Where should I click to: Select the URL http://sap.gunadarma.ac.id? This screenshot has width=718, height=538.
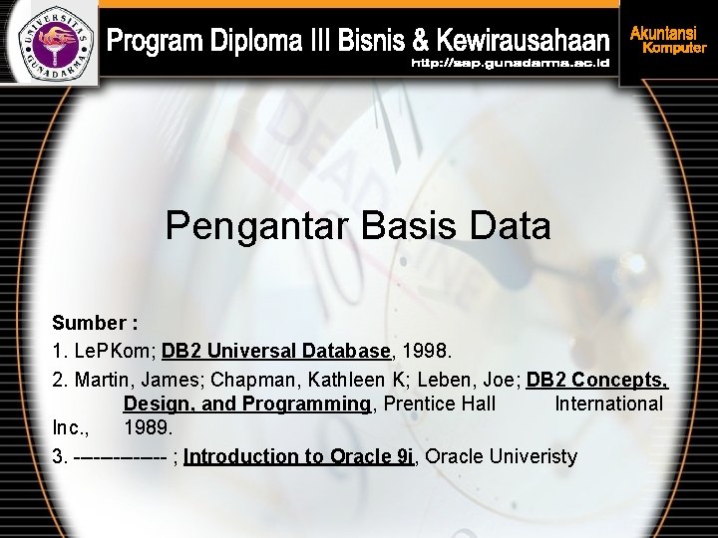(510, 64)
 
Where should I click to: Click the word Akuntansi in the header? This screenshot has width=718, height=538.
(662, 32)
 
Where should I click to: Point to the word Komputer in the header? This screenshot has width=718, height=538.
(674, 48)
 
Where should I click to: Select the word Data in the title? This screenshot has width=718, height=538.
(508, 226)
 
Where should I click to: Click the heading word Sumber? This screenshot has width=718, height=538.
(89, 324)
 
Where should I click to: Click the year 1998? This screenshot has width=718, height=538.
(428, 351)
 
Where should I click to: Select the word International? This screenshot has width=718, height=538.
(608, 403)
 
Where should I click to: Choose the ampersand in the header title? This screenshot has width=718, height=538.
(421, 42)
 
